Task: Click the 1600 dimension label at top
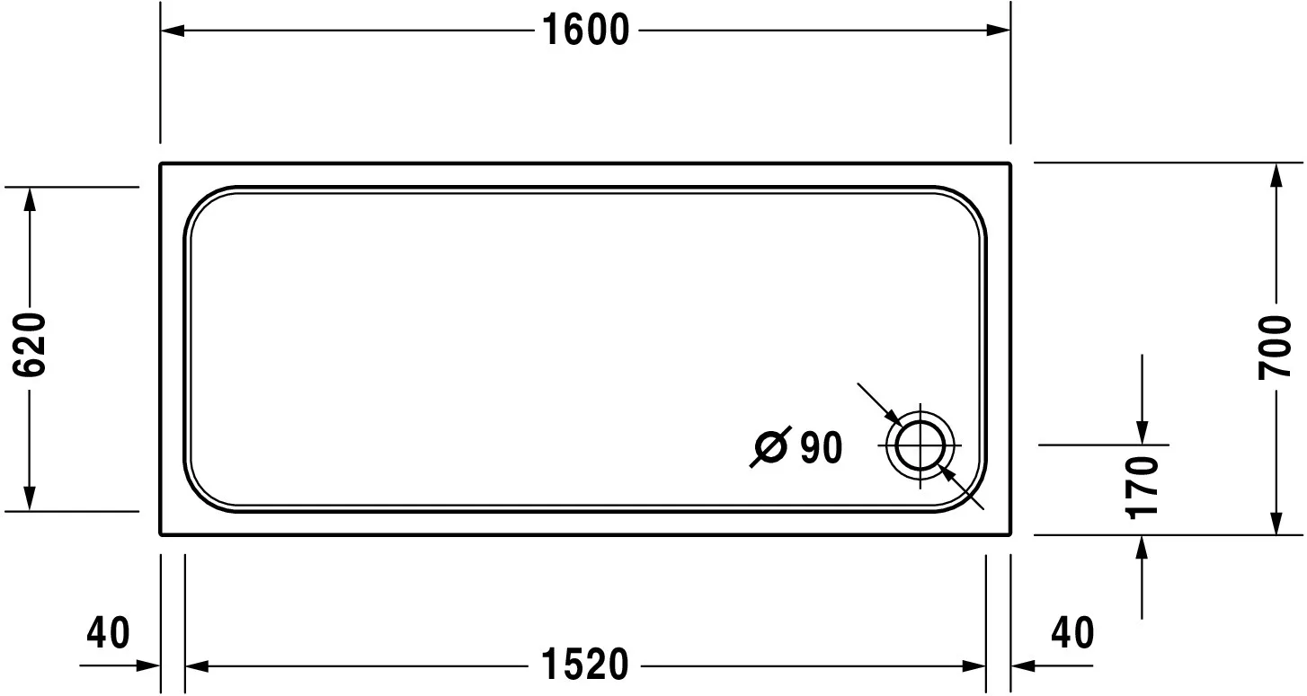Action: pos(586,31)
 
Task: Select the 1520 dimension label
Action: pos(585,665)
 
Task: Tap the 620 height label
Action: pos(29,345)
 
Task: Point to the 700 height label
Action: pos(1276,348)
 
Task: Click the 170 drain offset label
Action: pos(1142,488)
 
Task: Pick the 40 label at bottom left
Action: pos(108,633)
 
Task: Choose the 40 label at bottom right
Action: pos(1072,633)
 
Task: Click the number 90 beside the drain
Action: pos(821,447)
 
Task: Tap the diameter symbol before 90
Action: pos(770,446)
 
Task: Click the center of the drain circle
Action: pos(920,446)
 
